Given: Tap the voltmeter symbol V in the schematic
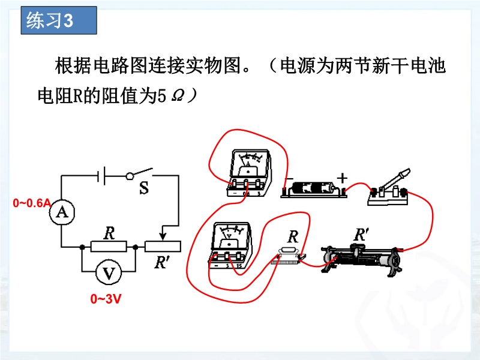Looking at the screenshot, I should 109,273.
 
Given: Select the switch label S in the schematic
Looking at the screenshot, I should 144,188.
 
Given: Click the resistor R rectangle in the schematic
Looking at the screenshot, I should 109,246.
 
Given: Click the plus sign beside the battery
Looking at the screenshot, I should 343,178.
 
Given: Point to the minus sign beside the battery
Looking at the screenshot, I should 288,179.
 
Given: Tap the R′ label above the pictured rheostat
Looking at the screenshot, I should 361,235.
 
